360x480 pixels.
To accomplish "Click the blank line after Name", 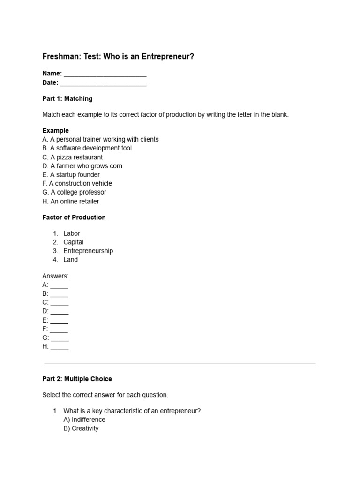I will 105,74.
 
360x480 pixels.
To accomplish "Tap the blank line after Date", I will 103,83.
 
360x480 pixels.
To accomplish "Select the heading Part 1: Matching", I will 67,99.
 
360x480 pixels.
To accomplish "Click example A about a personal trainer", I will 100,139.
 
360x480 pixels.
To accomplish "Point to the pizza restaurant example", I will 72,157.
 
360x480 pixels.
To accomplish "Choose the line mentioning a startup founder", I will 71,175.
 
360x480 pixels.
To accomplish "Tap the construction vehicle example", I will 77,183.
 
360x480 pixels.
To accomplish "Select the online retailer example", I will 70,201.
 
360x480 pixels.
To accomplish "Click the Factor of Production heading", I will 74,217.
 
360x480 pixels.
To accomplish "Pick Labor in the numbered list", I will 72,233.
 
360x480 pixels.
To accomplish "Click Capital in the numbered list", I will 74,242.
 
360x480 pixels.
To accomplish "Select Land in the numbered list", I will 71,260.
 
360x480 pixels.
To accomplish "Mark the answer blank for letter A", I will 60,285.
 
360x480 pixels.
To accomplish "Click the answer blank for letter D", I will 60,312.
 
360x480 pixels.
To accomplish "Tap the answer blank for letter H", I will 60,347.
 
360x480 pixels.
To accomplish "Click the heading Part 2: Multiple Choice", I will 77,379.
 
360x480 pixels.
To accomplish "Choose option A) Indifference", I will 84,420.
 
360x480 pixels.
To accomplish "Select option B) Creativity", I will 81,428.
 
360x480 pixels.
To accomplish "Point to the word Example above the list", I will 55,131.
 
